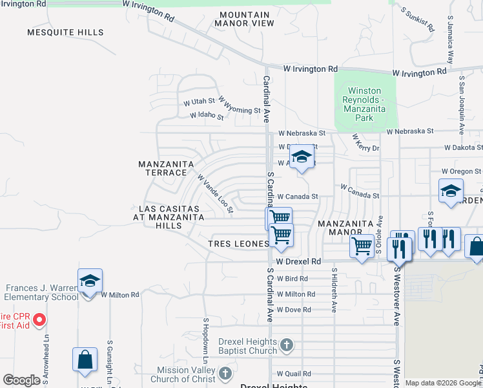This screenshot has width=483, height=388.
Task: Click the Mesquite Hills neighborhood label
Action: click(x=65, y=32)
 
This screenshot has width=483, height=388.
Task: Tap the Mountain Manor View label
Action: click(x=246, y=19)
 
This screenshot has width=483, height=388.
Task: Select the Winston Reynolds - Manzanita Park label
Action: click(x=365, y=105)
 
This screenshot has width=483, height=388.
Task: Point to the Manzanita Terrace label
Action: click(x=166, y=169)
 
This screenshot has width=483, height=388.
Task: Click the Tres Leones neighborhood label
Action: click(x=238, y=244)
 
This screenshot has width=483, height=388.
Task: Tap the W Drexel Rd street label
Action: click(x=298, y=261)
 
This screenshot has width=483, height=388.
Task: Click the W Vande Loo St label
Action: click(x=214, y=193)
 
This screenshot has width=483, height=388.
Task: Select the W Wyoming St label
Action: click(x=239, y=105)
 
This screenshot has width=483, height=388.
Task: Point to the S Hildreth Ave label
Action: click(x=334, y=291)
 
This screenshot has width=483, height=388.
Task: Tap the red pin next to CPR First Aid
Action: click(x=39, y=319)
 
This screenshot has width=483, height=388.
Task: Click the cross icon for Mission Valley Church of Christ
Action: click(x=225, y=373)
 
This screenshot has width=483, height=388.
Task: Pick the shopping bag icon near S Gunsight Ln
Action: click(x=85, y=359)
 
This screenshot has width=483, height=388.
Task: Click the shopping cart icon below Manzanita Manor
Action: click(x=362, y=245)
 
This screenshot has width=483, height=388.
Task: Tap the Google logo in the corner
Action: click(x=21, y=380)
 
